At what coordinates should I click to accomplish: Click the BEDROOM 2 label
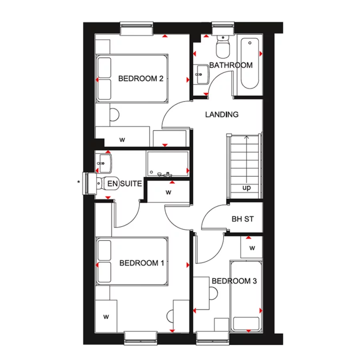click(141, 79)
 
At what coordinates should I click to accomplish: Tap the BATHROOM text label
click(231, 65)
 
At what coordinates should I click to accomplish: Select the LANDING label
click(222, 115)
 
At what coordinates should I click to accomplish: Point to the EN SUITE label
click(125, 184)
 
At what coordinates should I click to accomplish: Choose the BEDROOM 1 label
click(142, 263)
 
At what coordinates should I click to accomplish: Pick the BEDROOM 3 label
click(234, 281)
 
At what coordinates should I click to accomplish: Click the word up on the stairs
click(246, 187)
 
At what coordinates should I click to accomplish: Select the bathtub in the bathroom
click(251, 64)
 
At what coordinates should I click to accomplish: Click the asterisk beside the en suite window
click(79, 182)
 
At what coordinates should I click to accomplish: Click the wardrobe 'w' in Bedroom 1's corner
click(106, 317)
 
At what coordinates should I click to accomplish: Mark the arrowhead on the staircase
click(246, 138)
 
